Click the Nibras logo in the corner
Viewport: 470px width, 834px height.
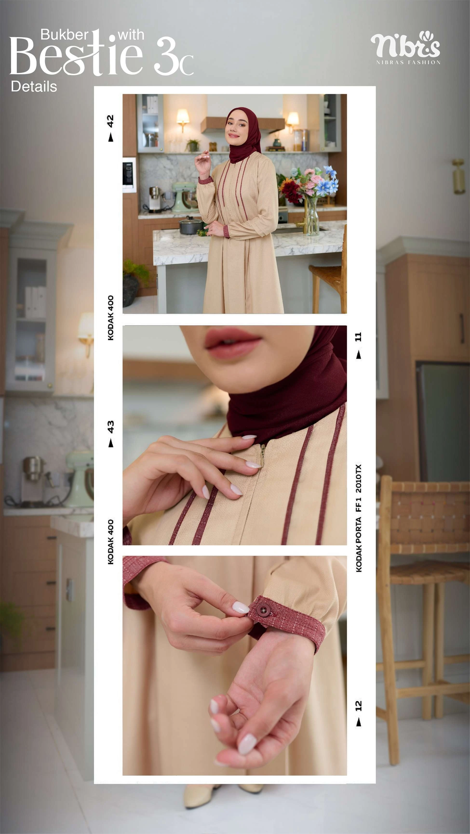pyautogui.click(x=405, y=47)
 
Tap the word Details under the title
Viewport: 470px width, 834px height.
pyautogui.click(x=34, y=87)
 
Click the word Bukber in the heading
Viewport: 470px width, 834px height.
pyautogui.click(x=64, y=35)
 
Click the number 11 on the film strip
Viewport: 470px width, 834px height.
pyautogui.click(x=358, y=337)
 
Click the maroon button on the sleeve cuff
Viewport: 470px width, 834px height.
pyautogui.click(x=263, y=611)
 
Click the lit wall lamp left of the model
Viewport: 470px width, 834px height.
pyautogui.click(x=183, y=118)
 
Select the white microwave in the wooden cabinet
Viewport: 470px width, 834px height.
pyautogui.click(x=129, y=175)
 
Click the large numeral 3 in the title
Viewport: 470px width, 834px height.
pyautogui.click(x=165, y=57)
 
